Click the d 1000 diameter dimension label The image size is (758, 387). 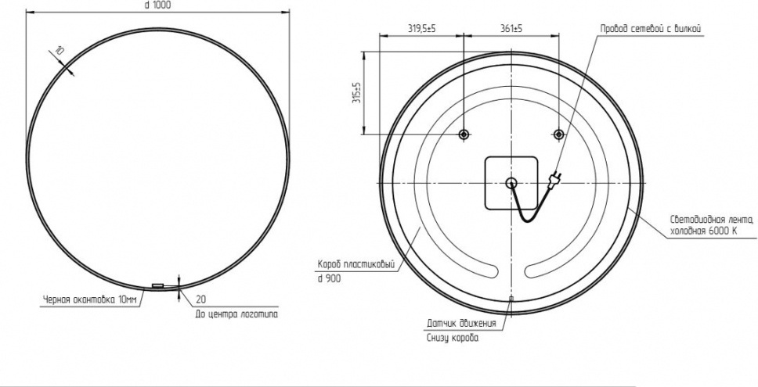tap(157, 5)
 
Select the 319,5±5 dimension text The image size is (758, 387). tap(421, 29)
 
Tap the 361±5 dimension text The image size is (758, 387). tap(511, 29)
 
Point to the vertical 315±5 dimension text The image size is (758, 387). tap(357, 93)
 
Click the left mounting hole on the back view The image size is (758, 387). tap(464, 134)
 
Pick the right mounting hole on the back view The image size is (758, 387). tap(559, 134)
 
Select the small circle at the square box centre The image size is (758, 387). tap(511, 182)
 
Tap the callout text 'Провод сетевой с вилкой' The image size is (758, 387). tap(650, 29)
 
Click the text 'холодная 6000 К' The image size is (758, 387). tap(703, 231)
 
